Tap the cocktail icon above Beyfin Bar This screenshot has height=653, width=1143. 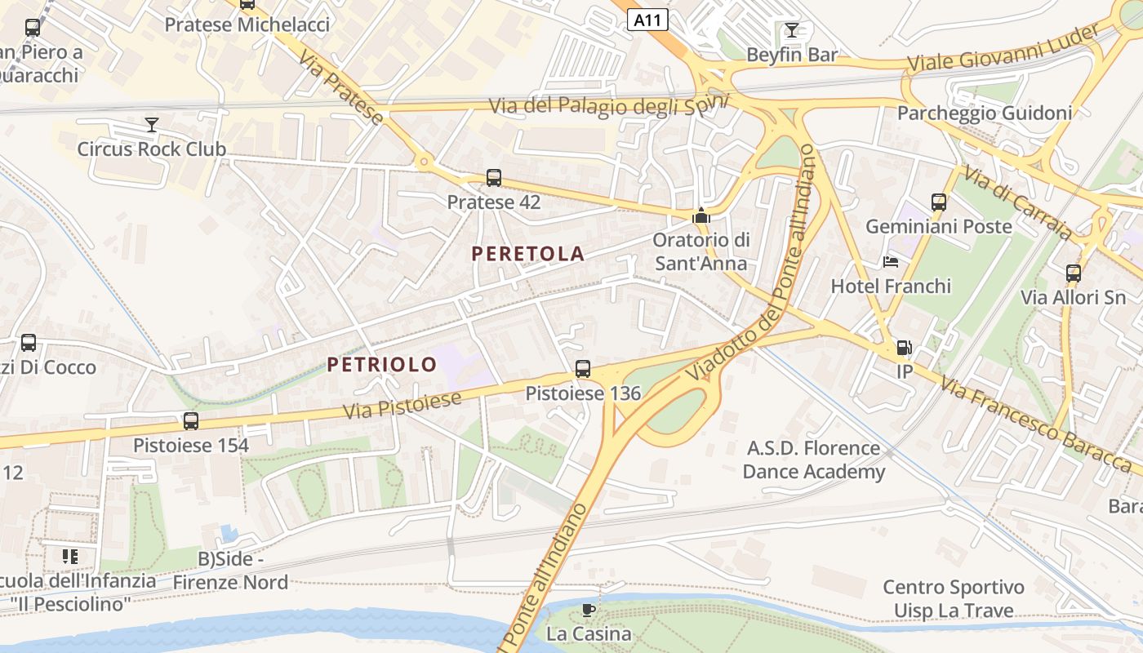click(791, 31)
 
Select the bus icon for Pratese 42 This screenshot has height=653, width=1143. click(493, 178)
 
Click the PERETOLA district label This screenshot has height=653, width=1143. click(527, 254)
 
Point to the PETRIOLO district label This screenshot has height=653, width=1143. click(382, 365)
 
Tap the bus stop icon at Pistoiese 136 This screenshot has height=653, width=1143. click(582, 369)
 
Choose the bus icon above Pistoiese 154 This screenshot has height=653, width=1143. click(190, 421)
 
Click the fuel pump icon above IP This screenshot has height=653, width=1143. click(904, 348)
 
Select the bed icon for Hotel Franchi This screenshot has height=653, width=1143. click(891, 262)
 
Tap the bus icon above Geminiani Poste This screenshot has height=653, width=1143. click(939, 202)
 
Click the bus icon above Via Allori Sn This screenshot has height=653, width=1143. click(1073, 273)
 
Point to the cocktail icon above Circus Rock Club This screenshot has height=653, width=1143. click(151, 125)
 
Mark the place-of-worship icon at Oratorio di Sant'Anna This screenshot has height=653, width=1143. click(700, 216)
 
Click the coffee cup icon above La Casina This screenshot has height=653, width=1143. click(588, 610)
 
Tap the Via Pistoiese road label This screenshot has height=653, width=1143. click(402, 405)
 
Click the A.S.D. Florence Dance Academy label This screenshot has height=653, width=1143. click(813, 460)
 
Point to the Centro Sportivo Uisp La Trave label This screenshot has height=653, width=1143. click(953, 599)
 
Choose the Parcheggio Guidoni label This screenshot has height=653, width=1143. click(984, 113)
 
